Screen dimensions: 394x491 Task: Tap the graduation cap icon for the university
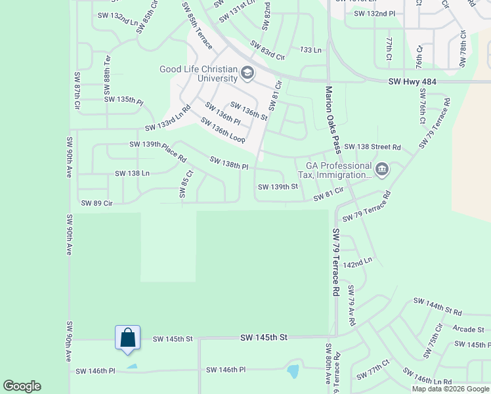click(247, 72)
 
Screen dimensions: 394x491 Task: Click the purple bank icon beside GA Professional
click(382, 171)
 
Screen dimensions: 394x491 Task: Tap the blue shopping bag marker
click(127, 338)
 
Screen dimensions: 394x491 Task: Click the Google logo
click(22, 386)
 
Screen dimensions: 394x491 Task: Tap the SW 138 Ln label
click(132, 173)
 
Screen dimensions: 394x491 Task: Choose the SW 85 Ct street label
click(184, 185)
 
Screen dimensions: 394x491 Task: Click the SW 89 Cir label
click(97, 204)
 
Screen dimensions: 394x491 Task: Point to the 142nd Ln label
click(358, 261)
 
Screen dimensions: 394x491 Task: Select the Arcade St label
click(469, 328)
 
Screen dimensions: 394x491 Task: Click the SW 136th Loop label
click(223, 131)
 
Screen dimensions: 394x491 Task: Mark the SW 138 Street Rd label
click(372, 146)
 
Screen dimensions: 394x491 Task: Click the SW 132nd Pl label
click(370, 13)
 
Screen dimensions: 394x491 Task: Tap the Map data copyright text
click(450, 389)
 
